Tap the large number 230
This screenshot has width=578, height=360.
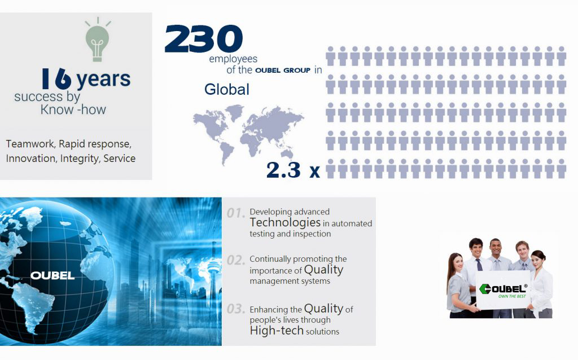(x=203, y=39)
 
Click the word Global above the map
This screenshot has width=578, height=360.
(x=227, y=89)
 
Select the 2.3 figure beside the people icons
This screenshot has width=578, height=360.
(x=283, y=170)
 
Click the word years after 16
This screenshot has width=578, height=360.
(x=104, y=79)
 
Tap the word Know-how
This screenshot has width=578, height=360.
(x=73, y=109)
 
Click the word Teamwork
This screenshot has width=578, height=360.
(x=30, y=144)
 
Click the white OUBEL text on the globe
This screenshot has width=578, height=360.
(x=52, y=275)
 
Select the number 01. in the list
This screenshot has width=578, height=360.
(x=235, y=213)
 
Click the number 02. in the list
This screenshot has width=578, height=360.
(x=235, y=260)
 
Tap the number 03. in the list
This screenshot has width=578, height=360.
(x=235, y=309)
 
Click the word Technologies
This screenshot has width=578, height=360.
(x=285, y=222)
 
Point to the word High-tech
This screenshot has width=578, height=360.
(x=277, y=331)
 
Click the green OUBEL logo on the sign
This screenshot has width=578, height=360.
(x=503, y=288)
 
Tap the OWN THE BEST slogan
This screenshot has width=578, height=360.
(x=512, y=296)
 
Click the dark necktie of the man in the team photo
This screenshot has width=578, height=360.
(x=479, y=265)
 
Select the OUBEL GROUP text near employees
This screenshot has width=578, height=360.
(x=283, y=71)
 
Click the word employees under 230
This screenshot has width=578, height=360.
(x=233, y=59)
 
